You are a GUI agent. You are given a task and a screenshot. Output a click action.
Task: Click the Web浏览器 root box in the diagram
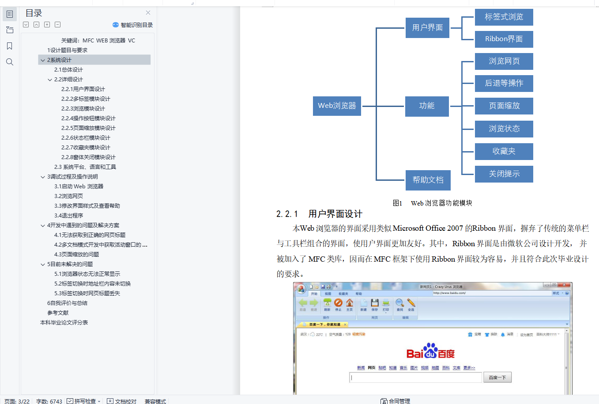(337, 106)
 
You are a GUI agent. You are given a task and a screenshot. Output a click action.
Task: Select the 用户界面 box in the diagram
(427, 28)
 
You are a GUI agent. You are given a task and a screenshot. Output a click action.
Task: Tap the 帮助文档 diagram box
(428, 180)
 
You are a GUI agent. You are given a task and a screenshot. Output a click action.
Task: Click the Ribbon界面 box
(504, 39)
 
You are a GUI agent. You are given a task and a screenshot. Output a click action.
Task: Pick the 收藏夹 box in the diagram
(504, 152)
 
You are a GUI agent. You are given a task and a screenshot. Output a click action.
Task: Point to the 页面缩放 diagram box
(504, 106)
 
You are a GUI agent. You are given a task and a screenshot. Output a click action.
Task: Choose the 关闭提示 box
(504, 174)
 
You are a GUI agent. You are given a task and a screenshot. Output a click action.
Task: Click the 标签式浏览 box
(504, 17)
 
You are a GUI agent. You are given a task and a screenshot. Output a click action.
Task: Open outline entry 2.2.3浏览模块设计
(83, 109)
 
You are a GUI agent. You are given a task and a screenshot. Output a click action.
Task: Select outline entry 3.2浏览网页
(68, 196)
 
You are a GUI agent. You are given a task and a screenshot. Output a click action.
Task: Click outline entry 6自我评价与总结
(67, 303)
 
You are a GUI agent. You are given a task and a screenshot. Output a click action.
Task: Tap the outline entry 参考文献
(58, 313)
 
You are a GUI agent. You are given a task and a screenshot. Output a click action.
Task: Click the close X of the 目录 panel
(148, 13)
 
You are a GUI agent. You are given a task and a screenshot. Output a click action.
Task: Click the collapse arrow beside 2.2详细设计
(50, 80)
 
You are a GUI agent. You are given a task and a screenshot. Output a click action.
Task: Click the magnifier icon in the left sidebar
(10, 62)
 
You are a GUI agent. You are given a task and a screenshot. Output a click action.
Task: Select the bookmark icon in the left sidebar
(10, 46)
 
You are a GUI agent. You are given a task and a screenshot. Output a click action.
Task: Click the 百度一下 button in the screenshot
(497, 377)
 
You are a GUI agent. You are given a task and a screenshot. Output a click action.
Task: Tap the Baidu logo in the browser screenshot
(430, 352)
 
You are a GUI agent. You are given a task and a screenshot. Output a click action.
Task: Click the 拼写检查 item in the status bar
(84, 401)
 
